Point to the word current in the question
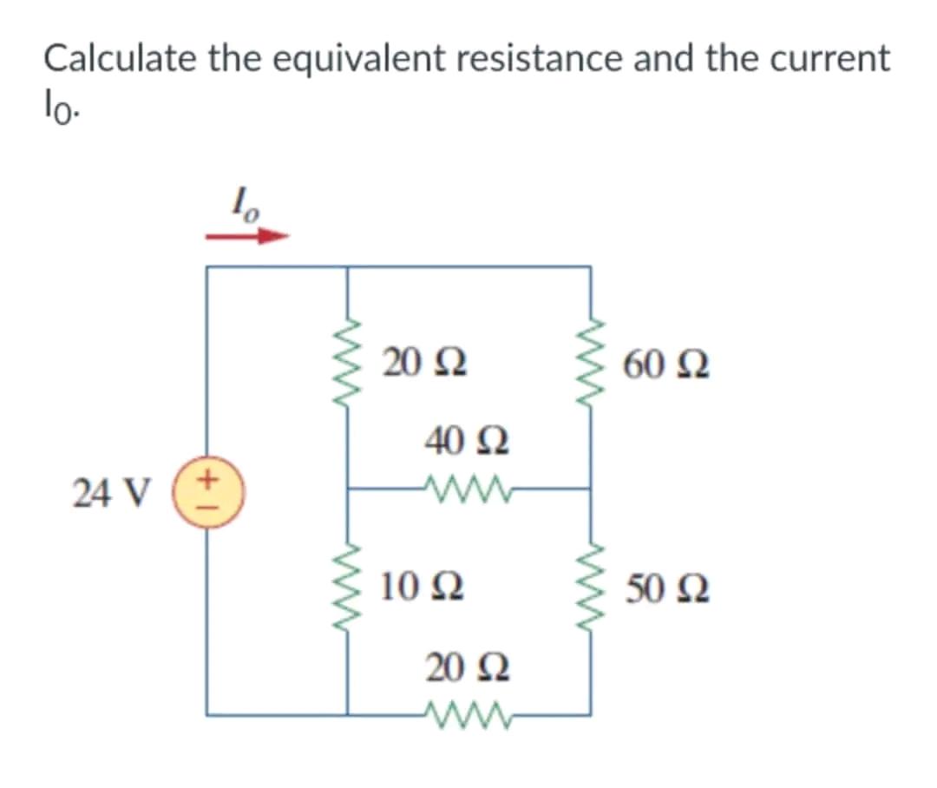tap(829, 59)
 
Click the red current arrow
tap(246, 235)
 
